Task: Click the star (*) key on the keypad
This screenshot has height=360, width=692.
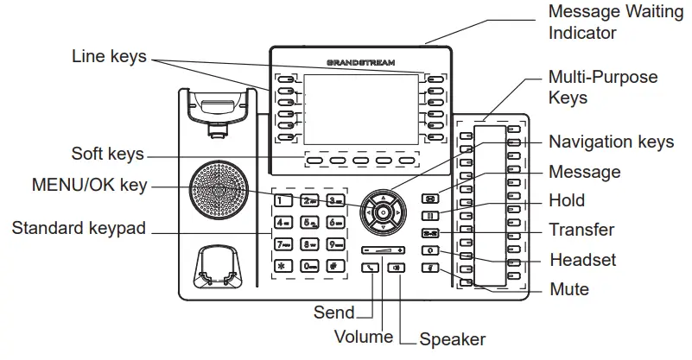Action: (282, 265)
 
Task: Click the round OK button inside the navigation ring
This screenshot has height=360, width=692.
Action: (382, 211)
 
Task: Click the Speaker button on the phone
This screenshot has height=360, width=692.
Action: (397, 268)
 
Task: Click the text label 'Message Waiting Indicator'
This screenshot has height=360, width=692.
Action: (595, 22)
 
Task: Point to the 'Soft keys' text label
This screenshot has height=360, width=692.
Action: (106, 155)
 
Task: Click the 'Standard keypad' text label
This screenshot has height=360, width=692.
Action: (79, 229)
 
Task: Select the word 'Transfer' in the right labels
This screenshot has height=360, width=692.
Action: (581, 230)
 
